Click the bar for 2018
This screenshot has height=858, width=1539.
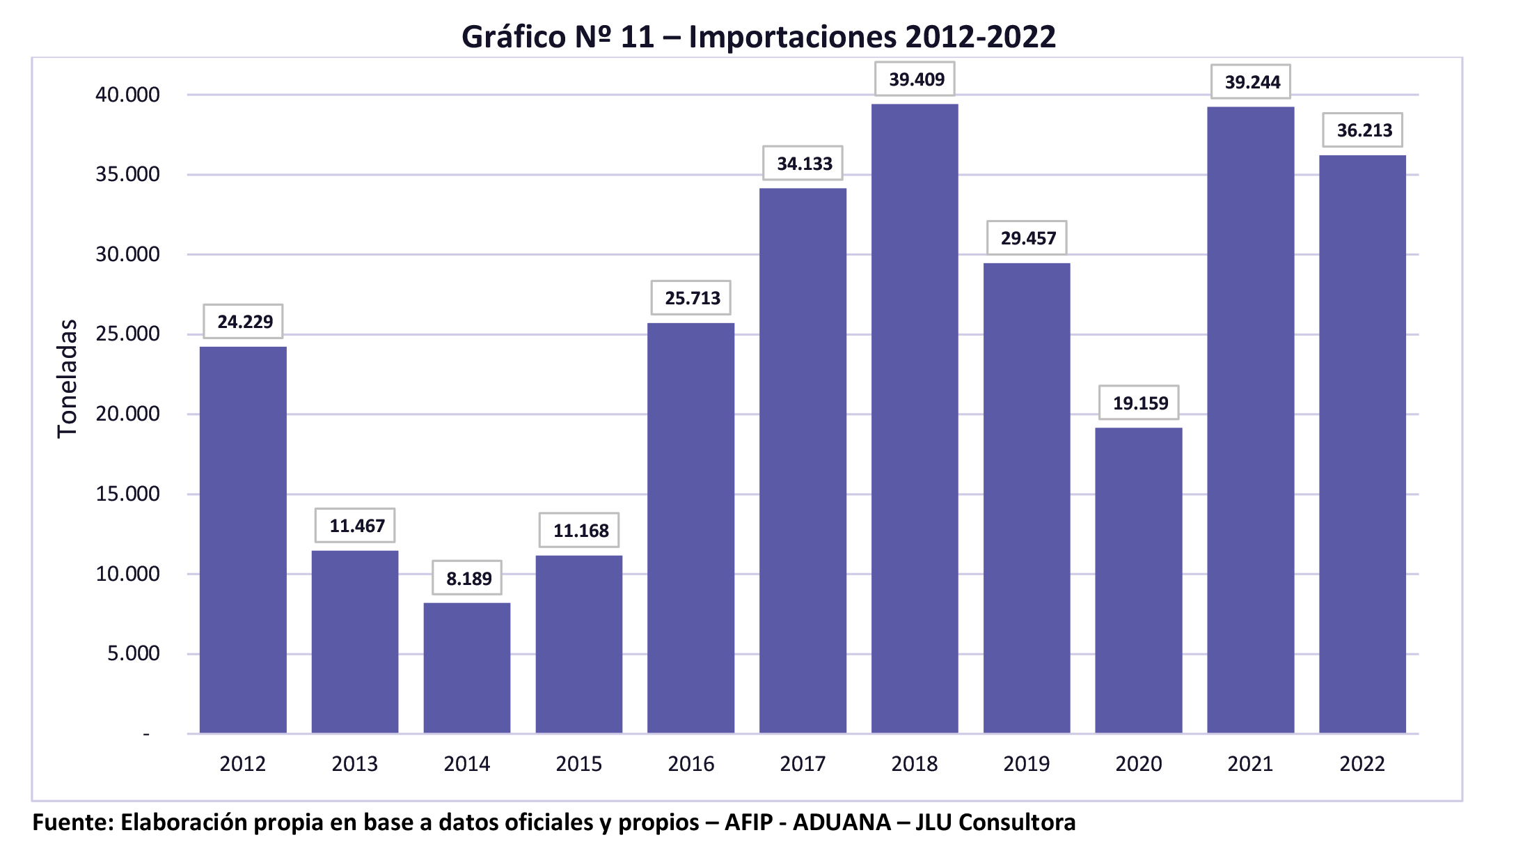point(915,418)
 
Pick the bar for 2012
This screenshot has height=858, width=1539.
point(243,540)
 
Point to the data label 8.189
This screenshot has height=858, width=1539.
point(468,579)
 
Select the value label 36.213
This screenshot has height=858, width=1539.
point(1364,130)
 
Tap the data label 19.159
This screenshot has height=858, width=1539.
point(1139,403)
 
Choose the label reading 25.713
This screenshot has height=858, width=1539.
point(692,298)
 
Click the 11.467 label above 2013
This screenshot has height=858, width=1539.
point(356,526)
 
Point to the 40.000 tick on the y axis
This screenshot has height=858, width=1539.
point(127,95)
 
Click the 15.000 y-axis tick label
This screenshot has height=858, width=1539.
point(127,494)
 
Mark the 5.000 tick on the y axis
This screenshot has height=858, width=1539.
point(133,653)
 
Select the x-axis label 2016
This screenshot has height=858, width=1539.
point(690,764)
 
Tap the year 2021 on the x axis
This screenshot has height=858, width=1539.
point(1250,764)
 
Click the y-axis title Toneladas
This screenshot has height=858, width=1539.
point(67,378)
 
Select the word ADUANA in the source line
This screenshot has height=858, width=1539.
point(842,822)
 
